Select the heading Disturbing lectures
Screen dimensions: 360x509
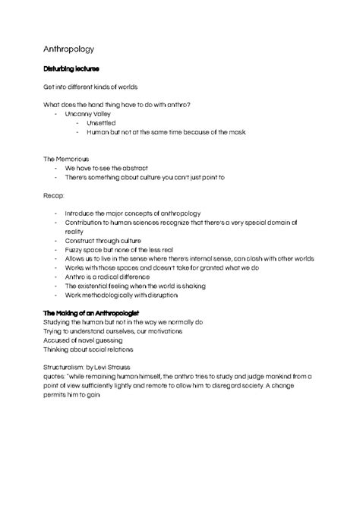coord(71,69)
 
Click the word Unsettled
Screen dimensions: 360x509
coord(102,122)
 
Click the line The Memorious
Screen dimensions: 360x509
coord(66,158)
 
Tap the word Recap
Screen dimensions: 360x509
coord(54,194)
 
